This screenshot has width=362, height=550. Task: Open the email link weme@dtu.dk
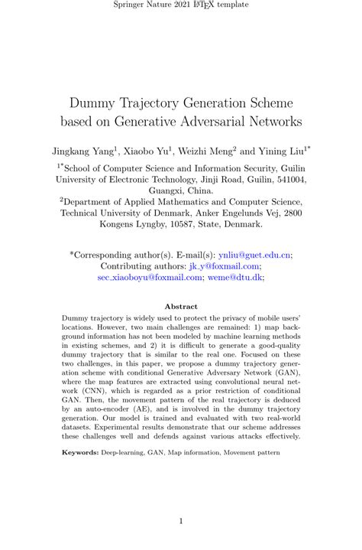pos(241,278)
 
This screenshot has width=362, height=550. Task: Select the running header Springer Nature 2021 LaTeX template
pos(181,5)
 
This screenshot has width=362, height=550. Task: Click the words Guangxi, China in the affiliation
pos(181,190)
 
